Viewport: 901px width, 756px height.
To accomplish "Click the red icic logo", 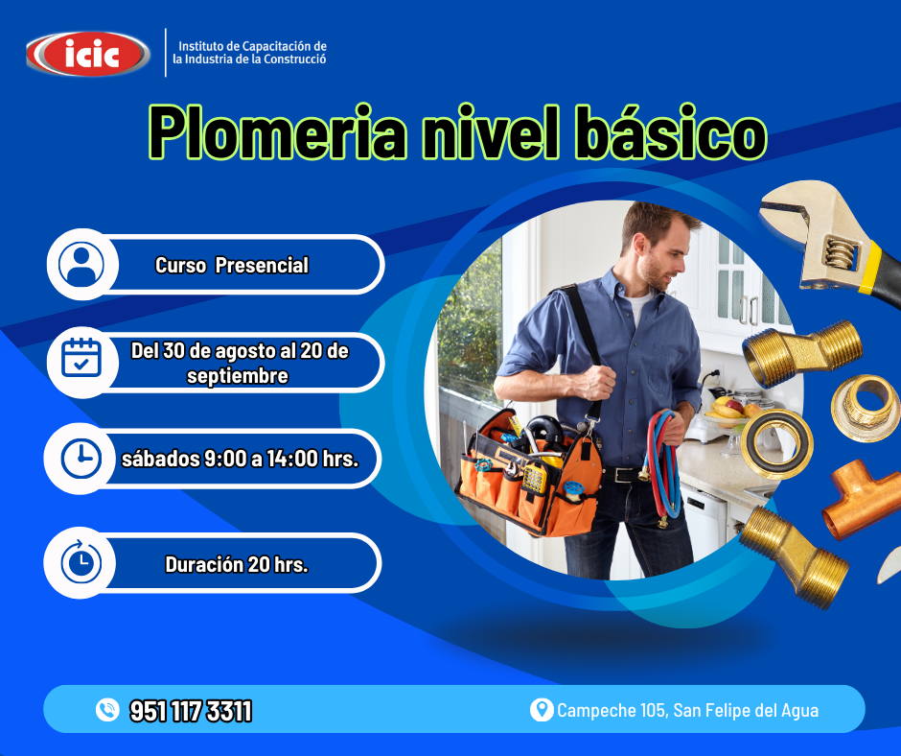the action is [x=88, y=54].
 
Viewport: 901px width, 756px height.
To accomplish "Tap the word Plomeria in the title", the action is [x=277, y=132].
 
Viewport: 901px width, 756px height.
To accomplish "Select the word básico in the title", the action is [x=671, y=132].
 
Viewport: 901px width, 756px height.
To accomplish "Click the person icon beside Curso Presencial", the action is [x=81, y=265].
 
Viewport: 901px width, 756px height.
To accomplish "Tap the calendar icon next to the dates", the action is [x=81, y=358].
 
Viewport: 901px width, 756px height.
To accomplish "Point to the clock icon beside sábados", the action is [x=81, y=459].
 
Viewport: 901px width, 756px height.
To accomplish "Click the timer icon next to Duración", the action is [x=81, y=561].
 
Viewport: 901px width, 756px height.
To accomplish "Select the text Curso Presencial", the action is [x=232, y=265].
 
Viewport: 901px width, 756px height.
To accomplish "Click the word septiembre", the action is [x=238, y=376].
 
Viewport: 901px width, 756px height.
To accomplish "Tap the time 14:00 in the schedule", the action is [x=292, y=459].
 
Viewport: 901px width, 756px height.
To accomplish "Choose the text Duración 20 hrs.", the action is [x=237, y=564].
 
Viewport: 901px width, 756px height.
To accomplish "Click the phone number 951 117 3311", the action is [x=191, y=711].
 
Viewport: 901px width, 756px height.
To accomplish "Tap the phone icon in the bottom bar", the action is [x=107, y=710].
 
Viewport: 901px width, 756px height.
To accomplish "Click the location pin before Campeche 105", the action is [x=541, y=710].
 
